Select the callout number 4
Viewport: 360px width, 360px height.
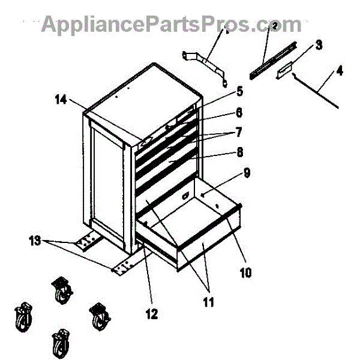[340, 71]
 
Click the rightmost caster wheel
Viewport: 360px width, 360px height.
[97, 316]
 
